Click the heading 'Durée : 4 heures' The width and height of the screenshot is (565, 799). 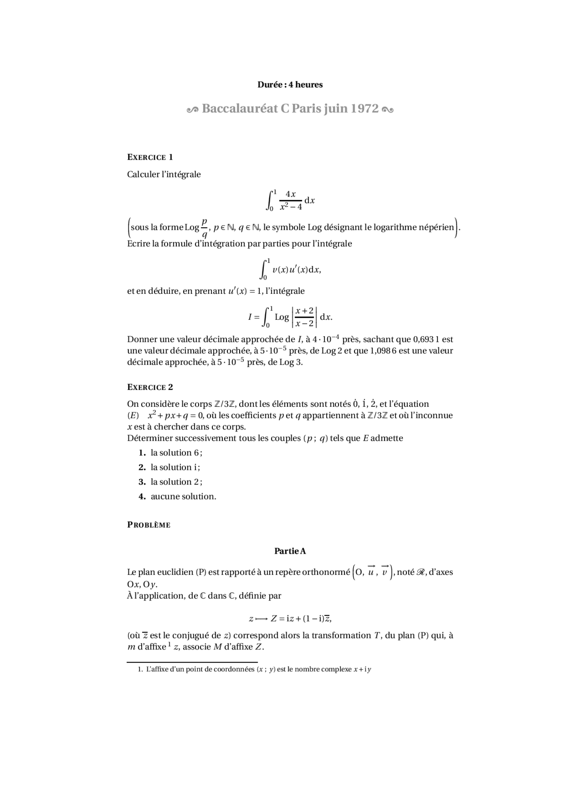coord(290,85)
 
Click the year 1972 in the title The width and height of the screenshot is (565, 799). coord(365,109)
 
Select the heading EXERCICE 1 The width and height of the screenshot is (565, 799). coord(150,157)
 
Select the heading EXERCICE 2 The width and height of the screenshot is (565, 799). coord(150,387)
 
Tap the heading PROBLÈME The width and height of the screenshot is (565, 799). coord(148,525)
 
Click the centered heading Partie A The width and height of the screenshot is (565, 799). coord(290,551)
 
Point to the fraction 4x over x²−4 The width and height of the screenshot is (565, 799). coord(290,200)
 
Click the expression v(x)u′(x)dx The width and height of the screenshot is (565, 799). coord(296,270)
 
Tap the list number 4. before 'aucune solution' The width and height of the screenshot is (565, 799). coord(142,496)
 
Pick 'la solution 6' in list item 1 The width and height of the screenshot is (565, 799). coord(175,453)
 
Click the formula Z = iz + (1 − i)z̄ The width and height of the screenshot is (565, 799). coord(301,619)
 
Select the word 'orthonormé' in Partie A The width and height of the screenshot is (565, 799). coord(326,572)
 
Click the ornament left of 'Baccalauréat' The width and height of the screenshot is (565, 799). coord(192,109)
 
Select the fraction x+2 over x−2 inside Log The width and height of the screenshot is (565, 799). coord(304,317)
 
